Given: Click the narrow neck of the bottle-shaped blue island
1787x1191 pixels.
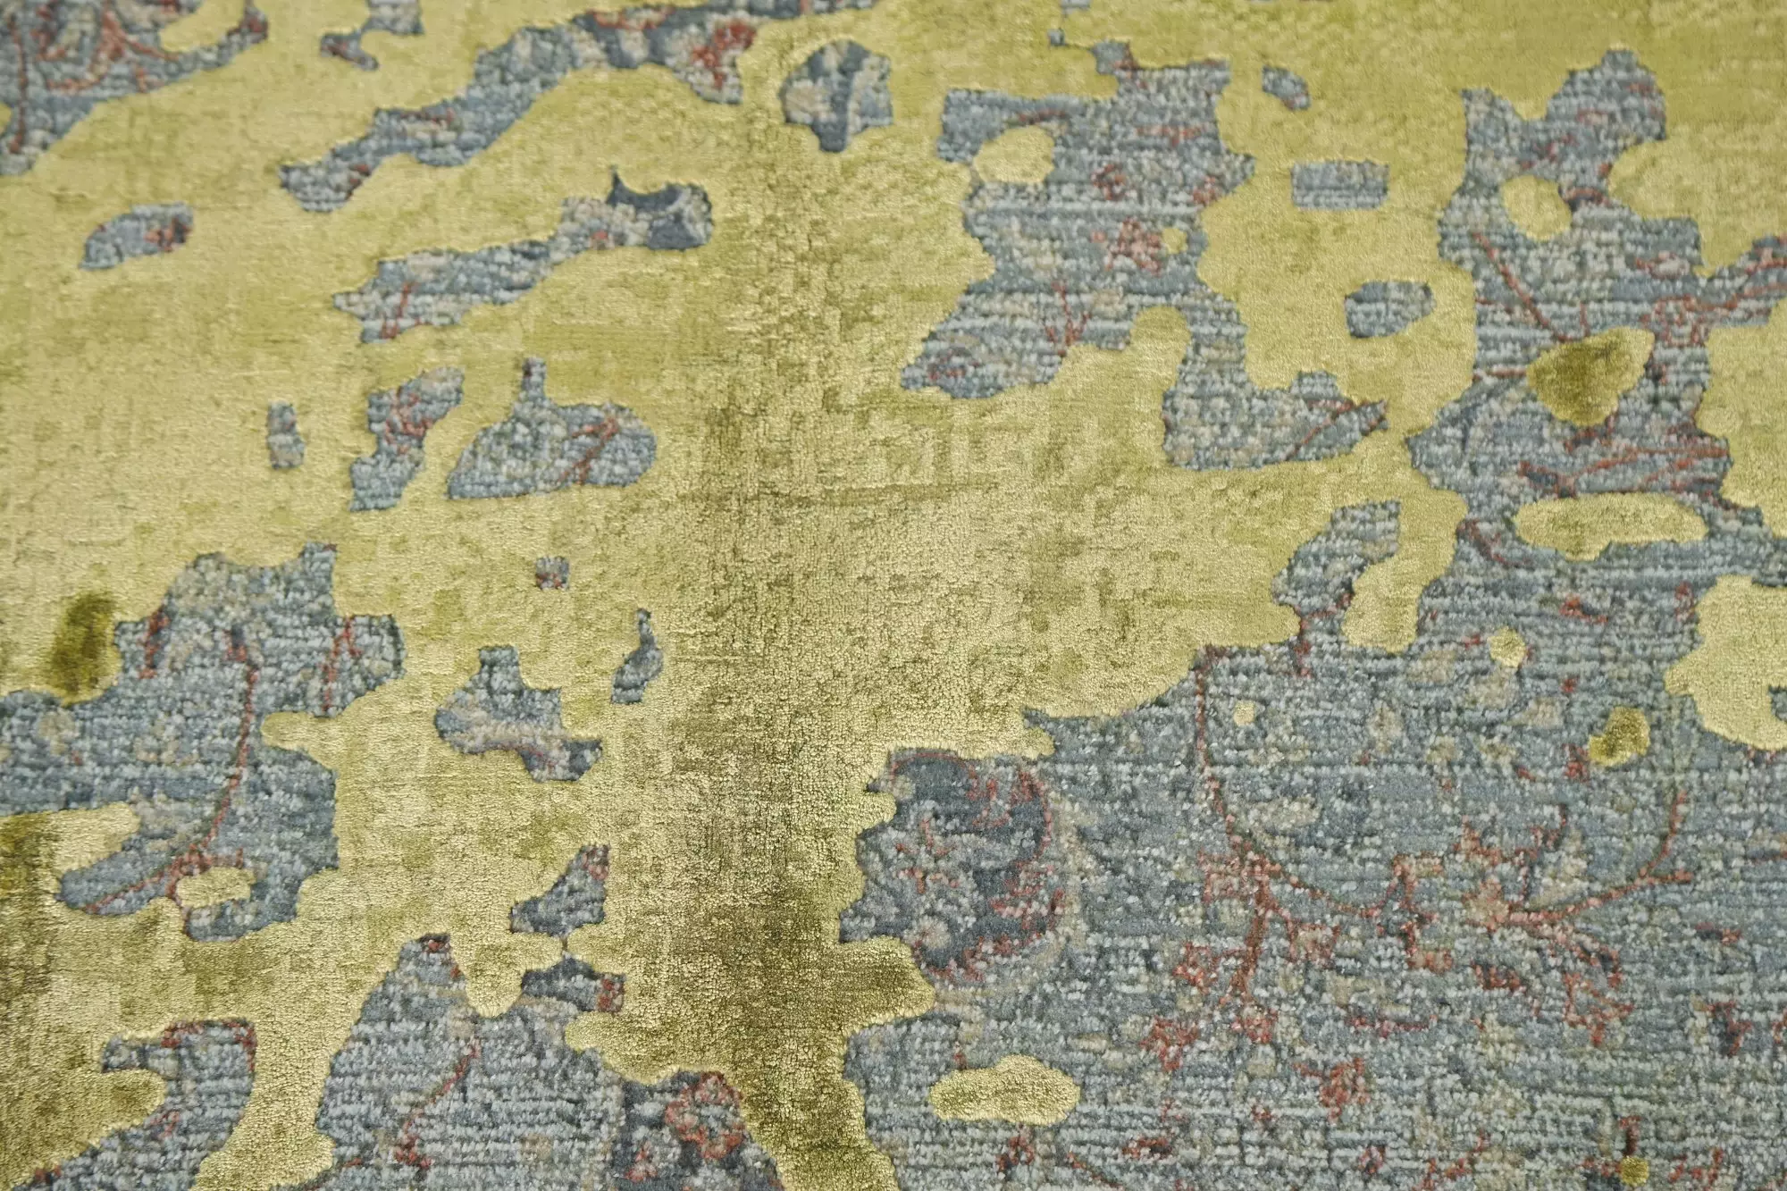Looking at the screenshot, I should tap(535, 384).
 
